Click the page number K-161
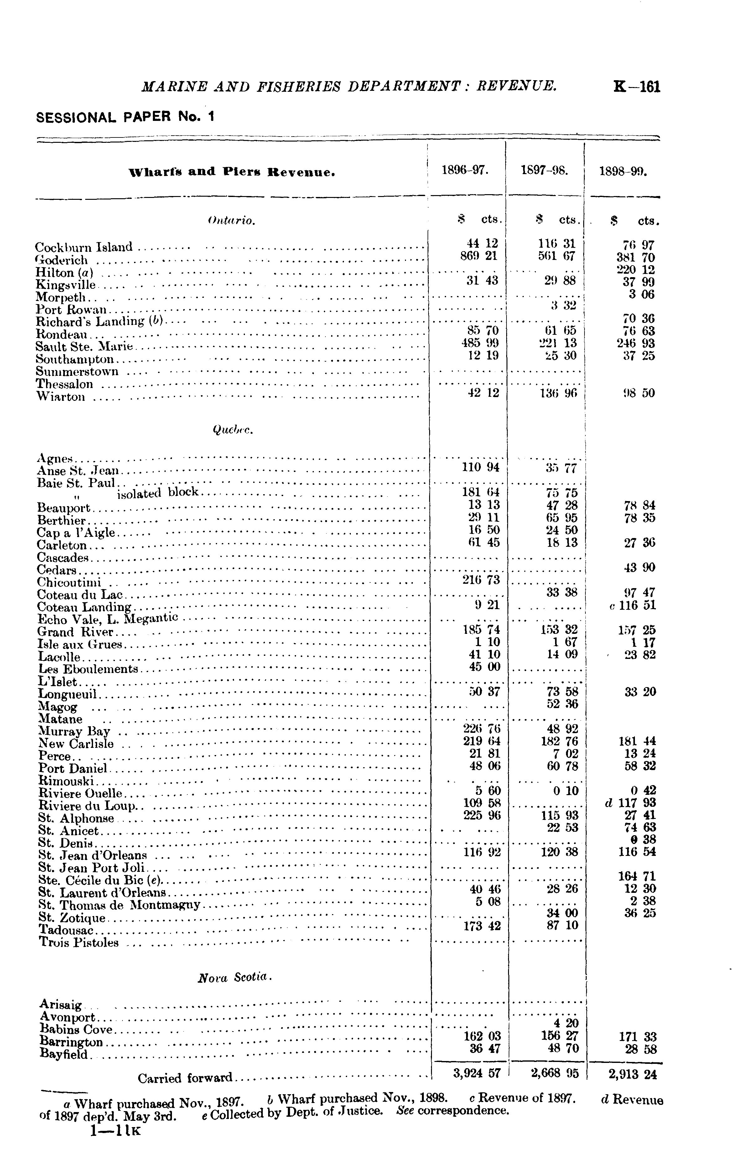pyautogui.click(x=637, y=87)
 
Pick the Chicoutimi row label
pyautogui.click(x=69, y=582)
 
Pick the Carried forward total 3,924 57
pyautogui.click(x=477, y=1073)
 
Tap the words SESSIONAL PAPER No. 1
pyautogui.click(x=125, y=117)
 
